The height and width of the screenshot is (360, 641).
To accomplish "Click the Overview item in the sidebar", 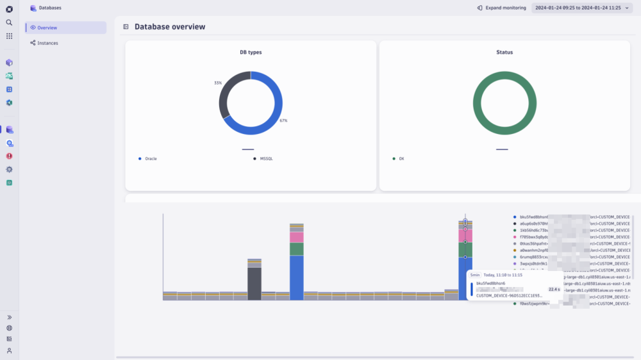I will tap(47, 28).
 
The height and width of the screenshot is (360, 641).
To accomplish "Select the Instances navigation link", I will tap(47, 43).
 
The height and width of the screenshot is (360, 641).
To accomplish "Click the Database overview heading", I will tap(170, 27).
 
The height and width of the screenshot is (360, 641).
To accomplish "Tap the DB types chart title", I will tap(250, 53).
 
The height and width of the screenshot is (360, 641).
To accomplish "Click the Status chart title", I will tap(504, 53).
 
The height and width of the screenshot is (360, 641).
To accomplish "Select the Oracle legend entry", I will tap(151, 158).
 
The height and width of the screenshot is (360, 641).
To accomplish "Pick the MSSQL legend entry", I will tap(267, 158).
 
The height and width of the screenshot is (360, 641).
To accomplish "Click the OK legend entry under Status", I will tap(401, 158).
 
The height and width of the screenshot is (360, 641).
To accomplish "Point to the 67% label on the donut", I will tap(283, 120).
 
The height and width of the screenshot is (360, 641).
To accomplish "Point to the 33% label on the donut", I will tap(218, 83).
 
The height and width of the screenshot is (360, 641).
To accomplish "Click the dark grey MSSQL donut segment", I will tap(225, 96).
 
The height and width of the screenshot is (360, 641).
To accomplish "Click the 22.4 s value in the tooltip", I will tap(554, 289).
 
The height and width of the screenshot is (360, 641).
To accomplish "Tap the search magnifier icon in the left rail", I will tap(9, 22).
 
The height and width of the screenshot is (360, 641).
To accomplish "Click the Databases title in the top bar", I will tap(51, 8).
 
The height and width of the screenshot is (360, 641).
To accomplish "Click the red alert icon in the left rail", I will tap(9, 156).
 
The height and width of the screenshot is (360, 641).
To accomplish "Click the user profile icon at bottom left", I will tap(9, 350).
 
